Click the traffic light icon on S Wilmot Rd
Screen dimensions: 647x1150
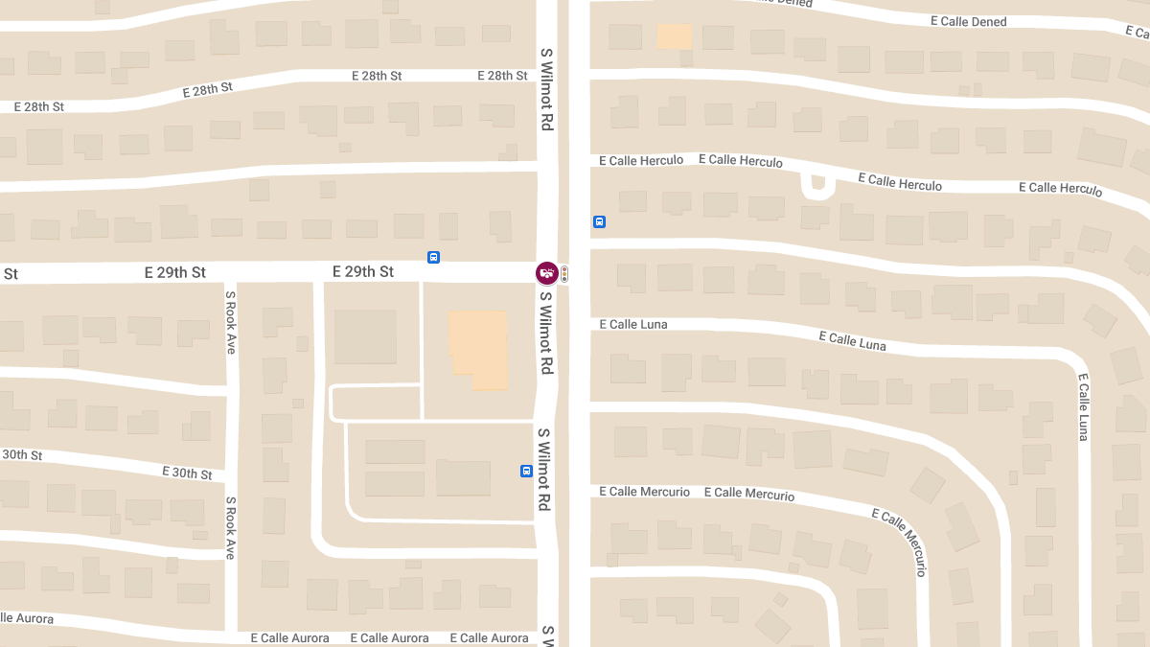pos(564,274)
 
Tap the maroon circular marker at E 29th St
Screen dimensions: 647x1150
pos(546,273)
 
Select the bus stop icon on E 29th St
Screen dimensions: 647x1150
pos(433,257)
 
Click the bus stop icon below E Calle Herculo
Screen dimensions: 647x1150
pos(599,222)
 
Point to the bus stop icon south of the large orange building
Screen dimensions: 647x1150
pos(526,471)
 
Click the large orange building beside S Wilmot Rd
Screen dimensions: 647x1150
pos(478,349)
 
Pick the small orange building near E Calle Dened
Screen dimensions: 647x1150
pos(674,36)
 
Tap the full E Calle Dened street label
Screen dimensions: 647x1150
pos(968,21)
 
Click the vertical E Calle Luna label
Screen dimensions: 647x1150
pos(1084,406)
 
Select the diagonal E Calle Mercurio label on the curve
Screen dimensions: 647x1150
pos(900,542)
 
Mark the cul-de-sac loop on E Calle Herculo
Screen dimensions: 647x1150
pos(816,185)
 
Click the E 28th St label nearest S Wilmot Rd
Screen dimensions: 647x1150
pos(501,76)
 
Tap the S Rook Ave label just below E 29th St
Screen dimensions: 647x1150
pos(231,322)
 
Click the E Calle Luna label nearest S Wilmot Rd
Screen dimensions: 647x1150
pos(632,324)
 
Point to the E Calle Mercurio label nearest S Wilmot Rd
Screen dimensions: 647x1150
pos(644,492)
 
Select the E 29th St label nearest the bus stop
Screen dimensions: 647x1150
pos(363,272)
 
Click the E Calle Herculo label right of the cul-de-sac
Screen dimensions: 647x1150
pos(900,182)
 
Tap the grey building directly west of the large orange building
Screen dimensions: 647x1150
pos(365,336)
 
